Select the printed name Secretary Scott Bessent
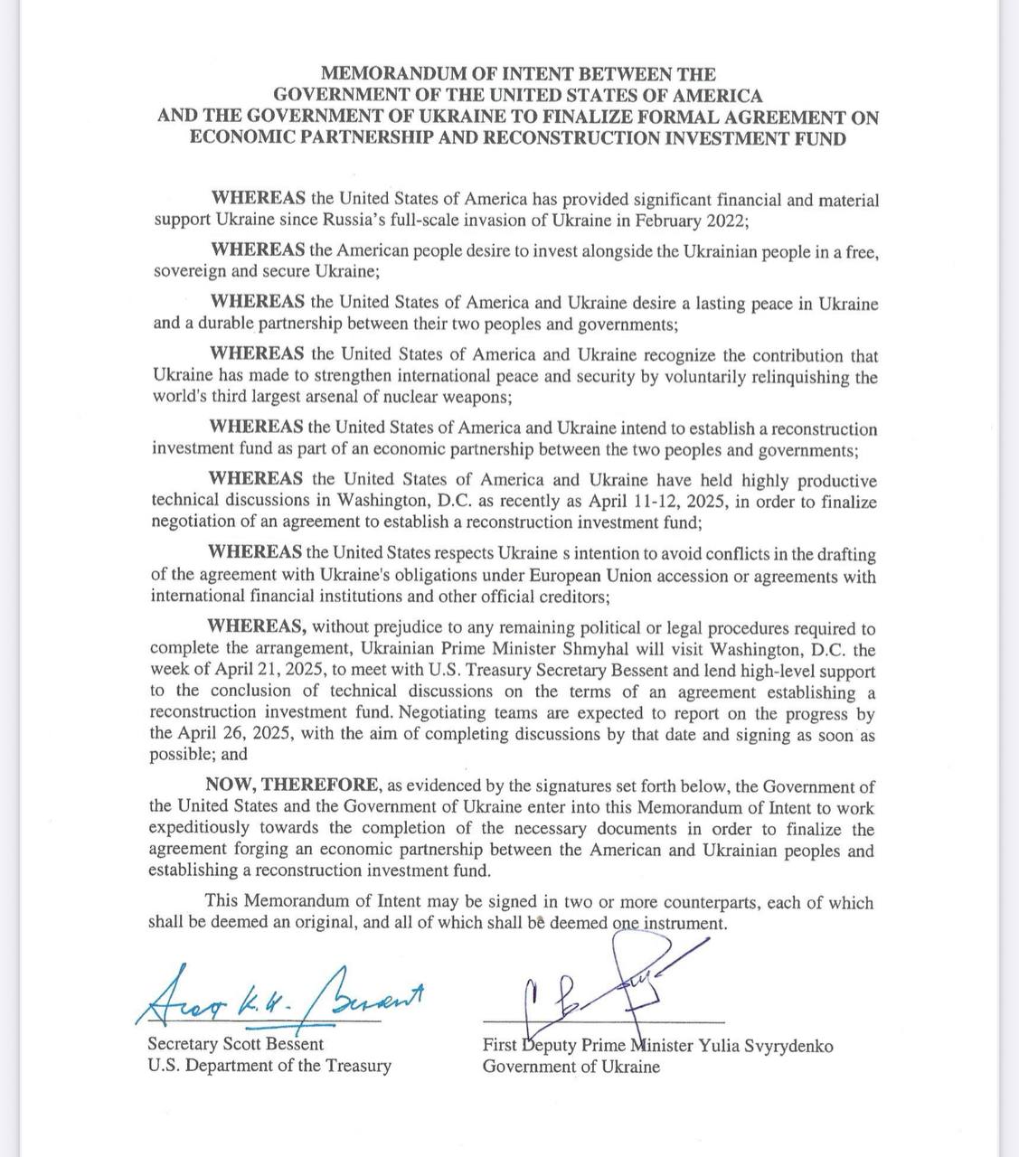coord(235,1044)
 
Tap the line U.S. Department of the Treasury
coord(269,1066)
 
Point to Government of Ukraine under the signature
coord(571,1067)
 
